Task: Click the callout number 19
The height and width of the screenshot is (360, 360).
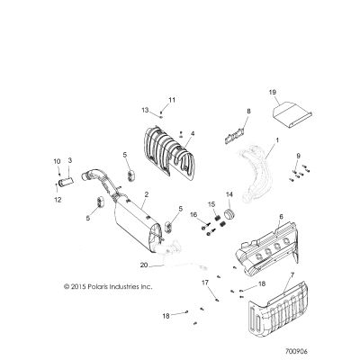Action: [273, 92]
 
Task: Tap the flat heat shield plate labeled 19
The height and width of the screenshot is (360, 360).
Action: [292, 114]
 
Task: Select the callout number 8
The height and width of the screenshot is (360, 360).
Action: [248, 112]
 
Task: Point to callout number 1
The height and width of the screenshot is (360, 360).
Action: [277, 140]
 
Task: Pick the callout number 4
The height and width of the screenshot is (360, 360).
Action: [193, 133]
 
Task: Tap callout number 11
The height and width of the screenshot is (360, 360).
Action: [172, 100]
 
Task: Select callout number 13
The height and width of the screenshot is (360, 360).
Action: [145, 111]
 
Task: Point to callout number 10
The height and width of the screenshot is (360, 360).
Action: [57, 162]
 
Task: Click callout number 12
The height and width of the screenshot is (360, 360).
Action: [58, 200]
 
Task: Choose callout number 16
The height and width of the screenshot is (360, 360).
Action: [193, 214]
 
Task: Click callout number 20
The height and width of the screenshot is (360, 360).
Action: [144, 265]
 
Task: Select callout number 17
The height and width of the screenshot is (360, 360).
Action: [205, 283]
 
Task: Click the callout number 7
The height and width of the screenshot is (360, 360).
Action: [292, 274]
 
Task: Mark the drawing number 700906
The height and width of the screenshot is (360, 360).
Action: [296, 351]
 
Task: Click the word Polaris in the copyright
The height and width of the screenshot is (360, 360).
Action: [99, 287]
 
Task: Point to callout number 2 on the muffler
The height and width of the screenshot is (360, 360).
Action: [147, 194]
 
